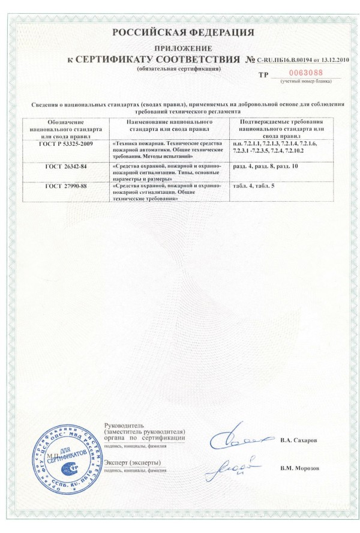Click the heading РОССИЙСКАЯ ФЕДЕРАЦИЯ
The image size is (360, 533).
(179, 32)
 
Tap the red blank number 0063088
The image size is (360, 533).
(298, 73)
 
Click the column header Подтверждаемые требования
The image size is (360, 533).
(281, 128)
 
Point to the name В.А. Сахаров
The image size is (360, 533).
(298, 440)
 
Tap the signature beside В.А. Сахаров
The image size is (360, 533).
(237, 441)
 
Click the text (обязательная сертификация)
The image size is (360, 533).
(178, 68)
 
